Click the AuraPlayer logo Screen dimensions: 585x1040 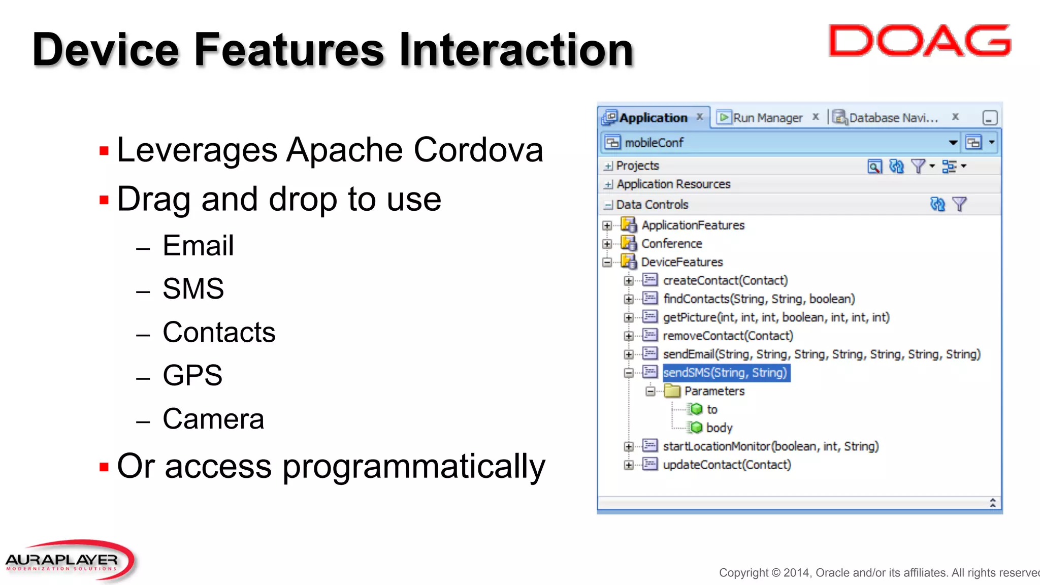[x=69, y=561]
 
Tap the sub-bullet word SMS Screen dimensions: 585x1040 [x=193, y=288]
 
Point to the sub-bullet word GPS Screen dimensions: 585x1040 [x=192, y=375]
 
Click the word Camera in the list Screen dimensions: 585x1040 [x=213, y=419]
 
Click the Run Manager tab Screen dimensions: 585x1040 [x=767, y=118]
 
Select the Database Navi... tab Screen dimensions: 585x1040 [x=893, y=118]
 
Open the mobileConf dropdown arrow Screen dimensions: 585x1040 [x=953, y=143]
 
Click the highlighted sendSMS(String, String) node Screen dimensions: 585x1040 [x=725, y=373]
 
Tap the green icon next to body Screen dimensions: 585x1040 [x=696, y=428]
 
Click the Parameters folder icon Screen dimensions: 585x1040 [x=672, y=391]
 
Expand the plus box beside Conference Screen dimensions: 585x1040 [x=607, y=244]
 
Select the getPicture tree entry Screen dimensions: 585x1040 [x=776, y=317]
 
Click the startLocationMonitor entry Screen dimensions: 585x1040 [x=770, y=446]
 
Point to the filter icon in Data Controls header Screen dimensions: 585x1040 [x=959, y=204]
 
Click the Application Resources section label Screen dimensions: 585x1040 [x=673, y=184]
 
